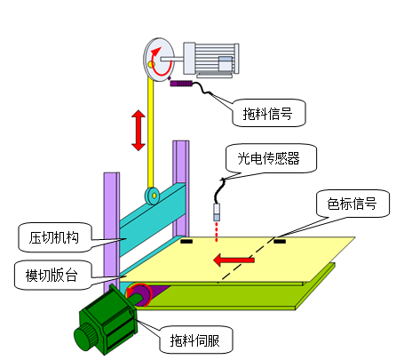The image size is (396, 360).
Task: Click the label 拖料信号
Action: (267, 114)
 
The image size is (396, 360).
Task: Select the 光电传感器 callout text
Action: (268, 158)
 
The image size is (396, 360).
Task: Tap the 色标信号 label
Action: (352, 204)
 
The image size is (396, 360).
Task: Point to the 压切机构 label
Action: (54, 237)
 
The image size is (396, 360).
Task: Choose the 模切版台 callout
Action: (51, 276)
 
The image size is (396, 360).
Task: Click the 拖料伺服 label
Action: (194, 340)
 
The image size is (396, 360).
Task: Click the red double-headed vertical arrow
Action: (139, 130)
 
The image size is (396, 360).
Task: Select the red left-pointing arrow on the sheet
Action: (234, 260)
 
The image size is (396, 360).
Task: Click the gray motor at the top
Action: (211, 60)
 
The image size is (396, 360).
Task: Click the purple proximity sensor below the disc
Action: (181, 84)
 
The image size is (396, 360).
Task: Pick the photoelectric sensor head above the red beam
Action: (217, 212)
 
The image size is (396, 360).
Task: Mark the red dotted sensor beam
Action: (217, 232)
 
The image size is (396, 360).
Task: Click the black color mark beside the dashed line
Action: (280, 242)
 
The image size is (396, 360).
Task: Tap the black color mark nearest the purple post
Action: (186, 241)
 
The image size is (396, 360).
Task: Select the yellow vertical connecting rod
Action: (151, 133)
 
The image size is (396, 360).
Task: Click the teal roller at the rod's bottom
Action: (153, 196)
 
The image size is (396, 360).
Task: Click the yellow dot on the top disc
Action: (151, 64)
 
